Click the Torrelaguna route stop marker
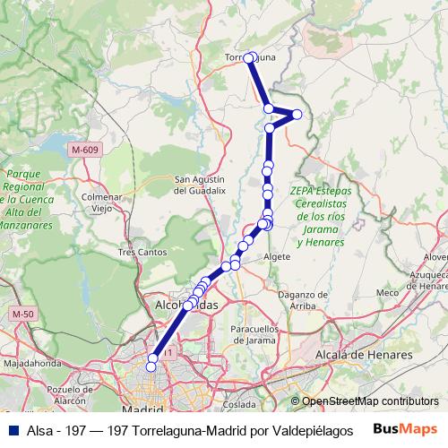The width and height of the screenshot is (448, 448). [249, 58]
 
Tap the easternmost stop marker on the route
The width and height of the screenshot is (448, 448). [297, 114]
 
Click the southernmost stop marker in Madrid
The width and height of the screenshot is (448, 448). [152, 366]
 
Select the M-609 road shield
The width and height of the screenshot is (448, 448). [83, 149]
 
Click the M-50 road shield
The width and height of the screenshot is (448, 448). [22, 314]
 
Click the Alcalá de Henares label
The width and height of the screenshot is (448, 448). [365, 355]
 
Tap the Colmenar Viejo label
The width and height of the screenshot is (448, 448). [100, 202]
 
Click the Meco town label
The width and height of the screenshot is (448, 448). [387, 293]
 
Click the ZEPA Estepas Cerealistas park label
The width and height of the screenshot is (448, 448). [321, 216]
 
